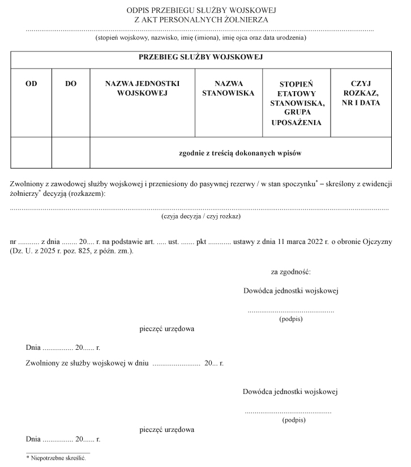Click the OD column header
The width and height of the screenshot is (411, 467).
click(x=31, y=83)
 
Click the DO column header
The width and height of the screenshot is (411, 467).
click(x=71, y=83)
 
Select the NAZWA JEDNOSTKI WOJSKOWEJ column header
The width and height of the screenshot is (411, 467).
click(x=142, y=88)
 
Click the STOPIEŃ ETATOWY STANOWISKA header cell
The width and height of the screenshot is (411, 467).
click(x=296, y=103)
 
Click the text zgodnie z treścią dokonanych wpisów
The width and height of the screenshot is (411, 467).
click(x=240, y=153)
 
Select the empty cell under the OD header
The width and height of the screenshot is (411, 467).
click(x=31, y=153)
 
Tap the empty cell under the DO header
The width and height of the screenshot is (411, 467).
click(x=71, y=153)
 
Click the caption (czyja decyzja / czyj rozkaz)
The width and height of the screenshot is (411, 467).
click(x=202, y=216)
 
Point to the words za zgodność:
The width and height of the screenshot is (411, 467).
click(x=290, y=272)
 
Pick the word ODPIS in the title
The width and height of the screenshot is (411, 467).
click(x=141, y=10)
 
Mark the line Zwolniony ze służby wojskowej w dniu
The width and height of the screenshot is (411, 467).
click(x=87, y=363)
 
